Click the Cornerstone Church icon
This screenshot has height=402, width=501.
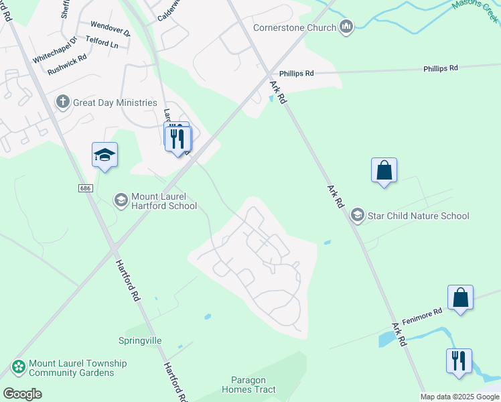coord(346,27)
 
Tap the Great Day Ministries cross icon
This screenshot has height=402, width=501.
coord(63,103)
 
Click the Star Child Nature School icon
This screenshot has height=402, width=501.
coord(358,215)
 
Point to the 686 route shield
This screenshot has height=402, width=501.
coord(84,188)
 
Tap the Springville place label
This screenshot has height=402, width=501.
coord(140,340)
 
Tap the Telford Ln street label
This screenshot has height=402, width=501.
coord(102,45)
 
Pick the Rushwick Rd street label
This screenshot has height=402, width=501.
coord(68,59)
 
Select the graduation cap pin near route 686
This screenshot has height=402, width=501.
coord(104,155)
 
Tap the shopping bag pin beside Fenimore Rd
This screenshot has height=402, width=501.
coord(461,298)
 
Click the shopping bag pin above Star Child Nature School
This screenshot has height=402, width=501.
coord(384,171)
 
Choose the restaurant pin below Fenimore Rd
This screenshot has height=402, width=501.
coord(459,361)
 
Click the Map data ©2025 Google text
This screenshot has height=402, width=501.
coord(459,397)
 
